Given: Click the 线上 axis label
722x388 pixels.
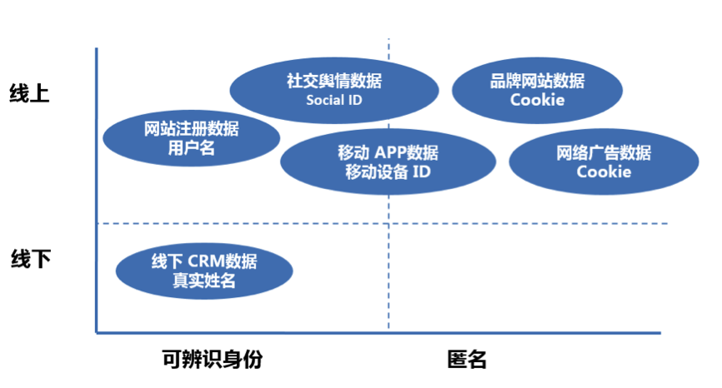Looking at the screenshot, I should click(29, 93).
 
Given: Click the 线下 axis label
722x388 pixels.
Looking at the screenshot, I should click(31, 259).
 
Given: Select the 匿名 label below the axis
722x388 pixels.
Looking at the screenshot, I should click(466, 360).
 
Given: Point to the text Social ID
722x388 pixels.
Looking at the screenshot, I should click(334, 101).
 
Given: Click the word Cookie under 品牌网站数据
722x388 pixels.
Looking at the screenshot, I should click(537, 100).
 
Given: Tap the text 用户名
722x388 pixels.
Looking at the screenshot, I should click(191, 148).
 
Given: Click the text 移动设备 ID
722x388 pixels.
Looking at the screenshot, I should click(388, 172).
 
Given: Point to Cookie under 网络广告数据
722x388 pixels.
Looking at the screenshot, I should click(604, 172).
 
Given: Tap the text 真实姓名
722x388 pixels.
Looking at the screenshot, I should click(204, 281).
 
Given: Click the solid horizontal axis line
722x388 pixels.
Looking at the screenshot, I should click(375, 333).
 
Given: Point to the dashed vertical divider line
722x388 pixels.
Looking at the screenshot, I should click(389, 275).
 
